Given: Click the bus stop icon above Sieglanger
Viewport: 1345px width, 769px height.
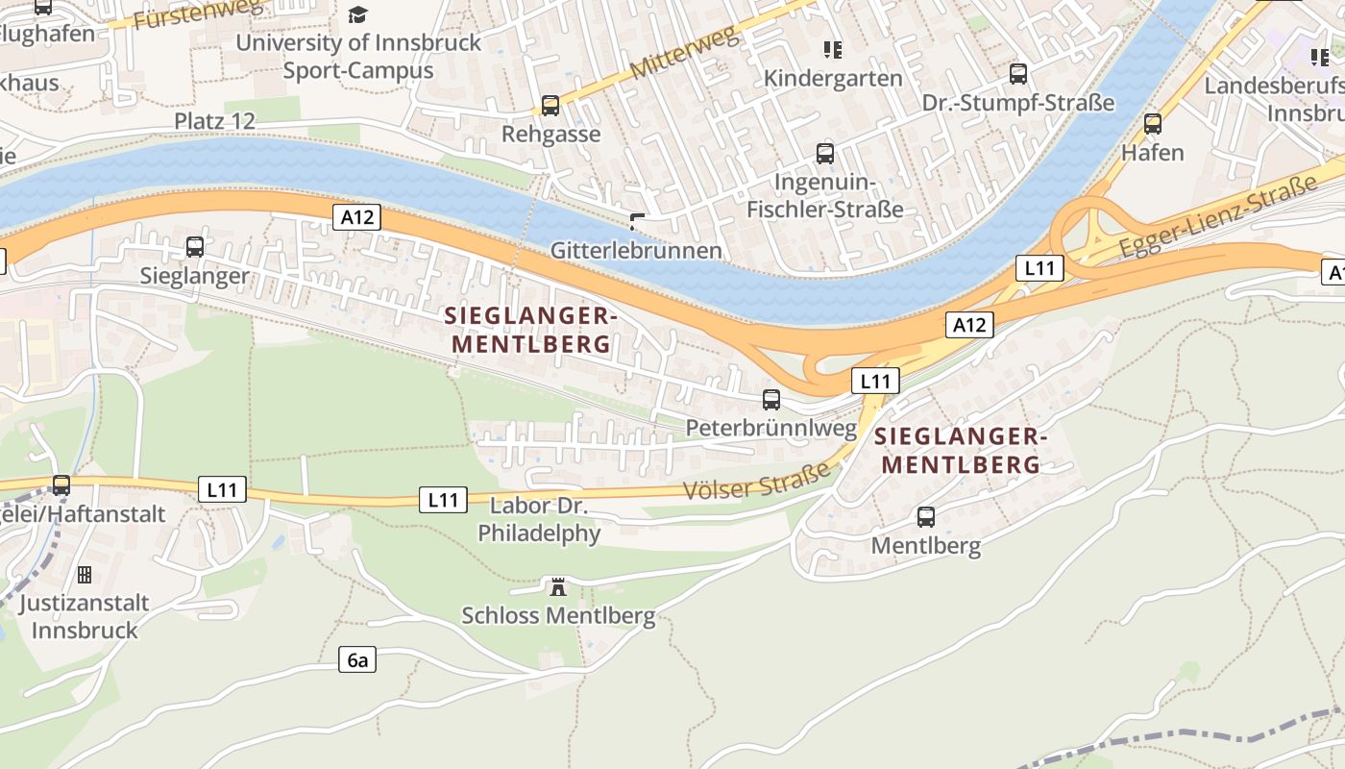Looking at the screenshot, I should tap(195, 247).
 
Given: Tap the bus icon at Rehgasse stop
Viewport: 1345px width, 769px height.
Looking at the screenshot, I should tap(550, 106).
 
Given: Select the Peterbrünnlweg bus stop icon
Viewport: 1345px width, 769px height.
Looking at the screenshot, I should tap(771, 400).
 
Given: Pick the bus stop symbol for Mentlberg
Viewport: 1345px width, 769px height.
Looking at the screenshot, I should tap(926, 517).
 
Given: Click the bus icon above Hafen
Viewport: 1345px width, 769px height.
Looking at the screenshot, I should tap(1153, 124).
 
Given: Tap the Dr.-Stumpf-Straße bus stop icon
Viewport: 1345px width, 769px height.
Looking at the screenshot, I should tap(1018, 74).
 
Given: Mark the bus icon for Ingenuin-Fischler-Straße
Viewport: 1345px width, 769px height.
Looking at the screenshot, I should tap(825, 154).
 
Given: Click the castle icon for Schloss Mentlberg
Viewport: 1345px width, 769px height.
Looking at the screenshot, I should tap(558, 586).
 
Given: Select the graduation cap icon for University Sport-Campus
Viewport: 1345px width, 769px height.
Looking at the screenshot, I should tap(358, 14).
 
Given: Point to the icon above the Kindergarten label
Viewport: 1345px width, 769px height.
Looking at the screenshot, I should tap(833, 49).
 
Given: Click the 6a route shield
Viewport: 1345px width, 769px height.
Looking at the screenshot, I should tap(357, 659).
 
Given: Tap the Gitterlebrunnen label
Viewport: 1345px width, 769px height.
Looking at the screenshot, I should tap(636, 251).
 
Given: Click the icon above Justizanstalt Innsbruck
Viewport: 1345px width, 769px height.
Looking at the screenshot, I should tap(85, 575).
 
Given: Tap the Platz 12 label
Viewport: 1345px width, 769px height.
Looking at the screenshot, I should tap(215, 121).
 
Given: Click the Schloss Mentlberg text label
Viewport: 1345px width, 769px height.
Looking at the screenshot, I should tap(558, 616).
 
